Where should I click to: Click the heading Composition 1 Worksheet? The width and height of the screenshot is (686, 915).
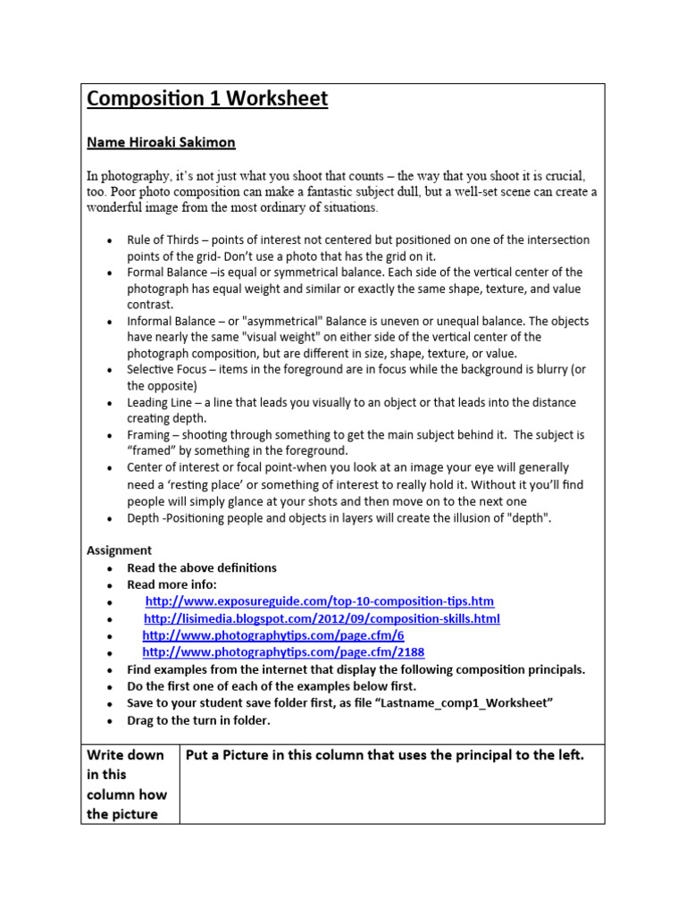click(x=207, y=99)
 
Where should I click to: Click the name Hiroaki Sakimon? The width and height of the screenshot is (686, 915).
click(x=161, y=142)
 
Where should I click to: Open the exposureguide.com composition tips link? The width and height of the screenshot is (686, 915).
click(x=319, y=601)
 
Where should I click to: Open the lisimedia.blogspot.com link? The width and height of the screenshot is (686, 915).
click(x=322, y=618)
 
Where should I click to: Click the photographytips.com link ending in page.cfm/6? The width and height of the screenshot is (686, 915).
click(x=273, y=635)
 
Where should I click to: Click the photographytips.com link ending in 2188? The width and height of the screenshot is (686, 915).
click(x=283, y=652)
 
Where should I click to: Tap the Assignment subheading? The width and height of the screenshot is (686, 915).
click(x=119, y=550)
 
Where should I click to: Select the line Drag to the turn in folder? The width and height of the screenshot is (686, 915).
click(x=198, y=720)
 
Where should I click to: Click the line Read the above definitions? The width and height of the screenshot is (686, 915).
click(x=202, y=567)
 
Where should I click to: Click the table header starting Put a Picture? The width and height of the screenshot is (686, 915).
click(x=384, y=755)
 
